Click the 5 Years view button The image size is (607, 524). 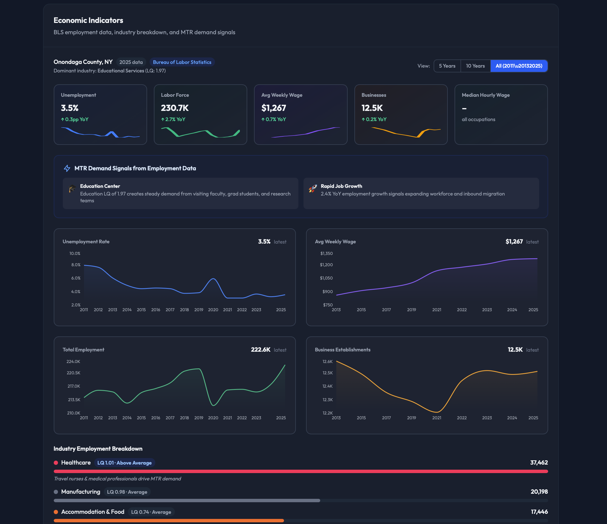(x=447, y=66)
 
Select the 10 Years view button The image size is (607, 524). (x=475, y=66)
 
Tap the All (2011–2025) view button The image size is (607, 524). (x=518, y=66)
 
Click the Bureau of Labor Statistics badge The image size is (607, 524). (x=182, y=62)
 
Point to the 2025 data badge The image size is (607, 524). (x=131, y=62)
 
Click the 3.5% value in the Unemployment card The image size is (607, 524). (x=70, y=108)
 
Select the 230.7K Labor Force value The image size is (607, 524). (x=175, y=108)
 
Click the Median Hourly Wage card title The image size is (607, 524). (x=485, y=95)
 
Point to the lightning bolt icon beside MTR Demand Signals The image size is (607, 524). (x=67, y=168)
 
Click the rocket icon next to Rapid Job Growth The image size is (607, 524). (x=313, y=189)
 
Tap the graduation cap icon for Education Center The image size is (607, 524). (x=72, y=189)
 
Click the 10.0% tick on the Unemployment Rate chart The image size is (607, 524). (x=75, y=253)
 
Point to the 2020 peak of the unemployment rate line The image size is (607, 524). (x=213, y=279)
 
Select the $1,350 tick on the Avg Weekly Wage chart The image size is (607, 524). (x=326, y=253)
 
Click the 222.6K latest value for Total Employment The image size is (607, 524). (x=261, y=349)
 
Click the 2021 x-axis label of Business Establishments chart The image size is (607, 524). (x=436, y=418)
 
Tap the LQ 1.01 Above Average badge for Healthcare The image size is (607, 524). (x=124, y=463)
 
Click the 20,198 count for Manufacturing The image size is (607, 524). (x=539, y=491)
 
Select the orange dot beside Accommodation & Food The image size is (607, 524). (x=56, y=512)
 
